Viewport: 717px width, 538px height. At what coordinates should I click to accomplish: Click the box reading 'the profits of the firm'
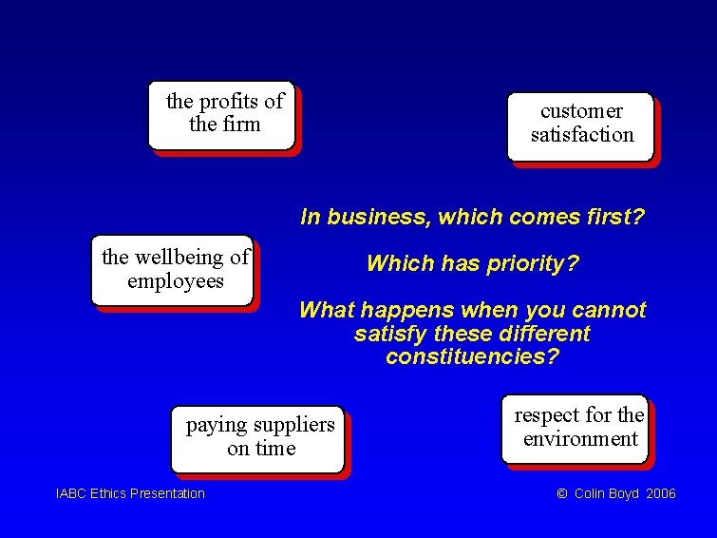coord(222,114)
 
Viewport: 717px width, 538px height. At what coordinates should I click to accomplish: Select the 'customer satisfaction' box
coord(581,125)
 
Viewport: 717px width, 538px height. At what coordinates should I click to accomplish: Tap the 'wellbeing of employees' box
coord(174,270)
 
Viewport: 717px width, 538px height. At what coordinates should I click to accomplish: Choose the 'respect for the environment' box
coord(576,429)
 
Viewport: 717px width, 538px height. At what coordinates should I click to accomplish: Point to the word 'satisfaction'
coord(582,135)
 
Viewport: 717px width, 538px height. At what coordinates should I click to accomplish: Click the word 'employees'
coord(176,281)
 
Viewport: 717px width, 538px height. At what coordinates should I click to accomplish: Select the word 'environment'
coord(580,439)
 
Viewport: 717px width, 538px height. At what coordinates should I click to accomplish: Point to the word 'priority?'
coord(537,263)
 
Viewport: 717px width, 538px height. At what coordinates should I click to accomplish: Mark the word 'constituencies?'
coord(473,357)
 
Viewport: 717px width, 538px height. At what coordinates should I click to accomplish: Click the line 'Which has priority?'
coord(472,263)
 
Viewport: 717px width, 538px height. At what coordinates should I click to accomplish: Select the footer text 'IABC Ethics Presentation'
coord(130,493)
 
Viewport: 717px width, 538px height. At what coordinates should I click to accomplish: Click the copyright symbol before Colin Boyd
coord(561,493)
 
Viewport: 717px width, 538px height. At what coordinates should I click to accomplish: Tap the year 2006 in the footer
coord(660,493)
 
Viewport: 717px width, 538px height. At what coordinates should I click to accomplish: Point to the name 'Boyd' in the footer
coord(623,493)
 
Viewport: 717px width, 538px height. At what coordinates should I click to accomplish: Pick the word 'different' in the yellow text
coord(544,334)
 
